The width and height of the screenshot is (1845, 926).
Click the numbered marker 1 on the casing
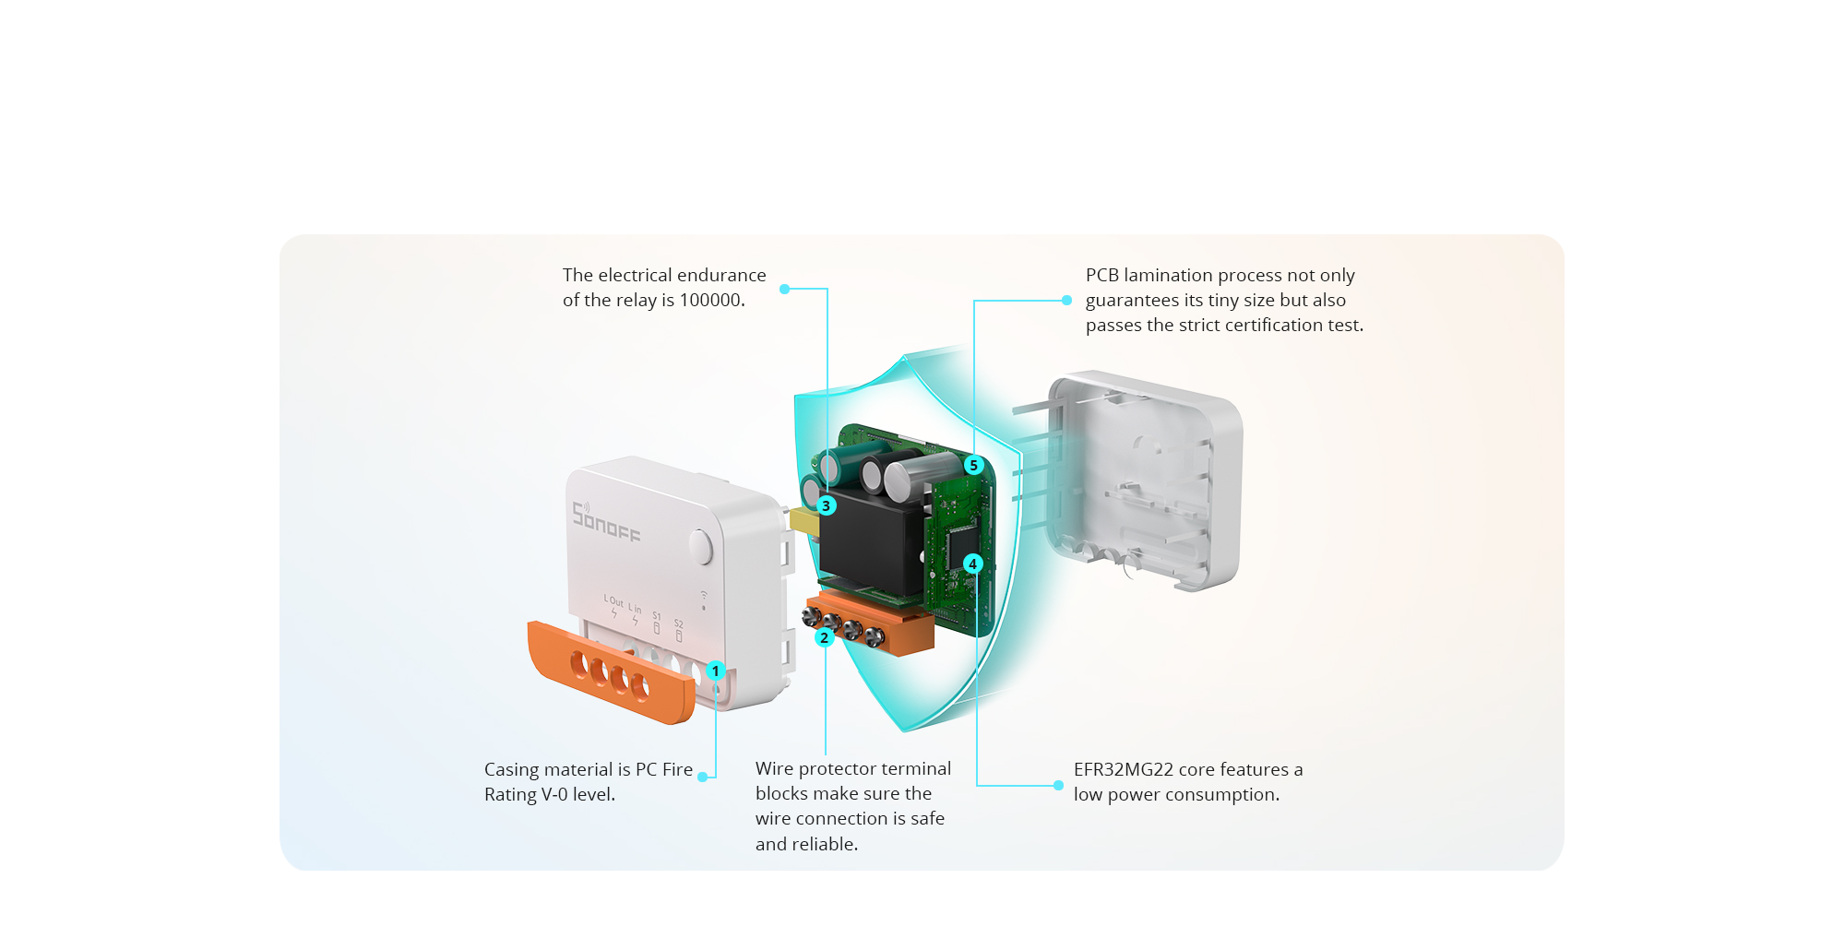715,671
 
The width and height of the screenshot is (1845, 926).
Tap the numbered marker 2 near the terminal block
825,637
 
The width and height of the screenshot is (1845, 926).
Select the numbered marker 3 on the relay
827,505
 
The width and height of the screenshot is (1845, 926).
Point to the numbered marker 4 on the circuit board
972,564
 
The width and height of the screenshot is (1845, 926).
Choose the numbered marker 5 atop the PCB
973,465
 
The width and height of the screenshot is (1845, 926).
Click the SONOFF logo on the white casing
606,522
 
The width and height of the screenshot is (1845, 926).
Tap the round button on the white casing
701,547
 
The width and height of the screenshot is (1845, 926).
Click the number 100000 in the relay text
710,300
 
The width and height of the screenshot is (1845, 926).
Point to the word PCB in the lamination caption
1102,275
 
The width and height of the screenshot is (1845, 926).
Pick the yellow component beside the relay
804,521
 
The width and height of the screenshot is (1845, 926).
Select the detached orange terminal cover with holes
611,672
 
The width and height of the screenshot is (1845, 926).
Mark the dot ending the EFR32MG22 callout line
1058,786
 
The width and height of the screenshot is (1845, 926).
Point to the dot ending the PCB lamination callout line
1066,300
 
